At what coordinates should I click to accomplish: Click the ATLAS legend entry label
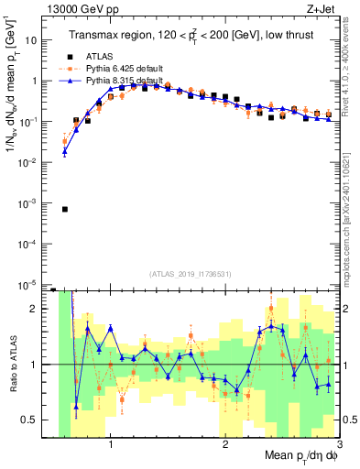pos(97,56)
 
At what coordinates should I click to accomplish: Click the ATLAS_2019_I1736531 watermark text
pos(190,274)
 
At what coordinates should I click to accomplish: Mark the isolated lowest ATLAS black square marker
pos(65,209)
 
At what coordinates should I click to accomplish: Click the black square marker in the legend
pos(65,56)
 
